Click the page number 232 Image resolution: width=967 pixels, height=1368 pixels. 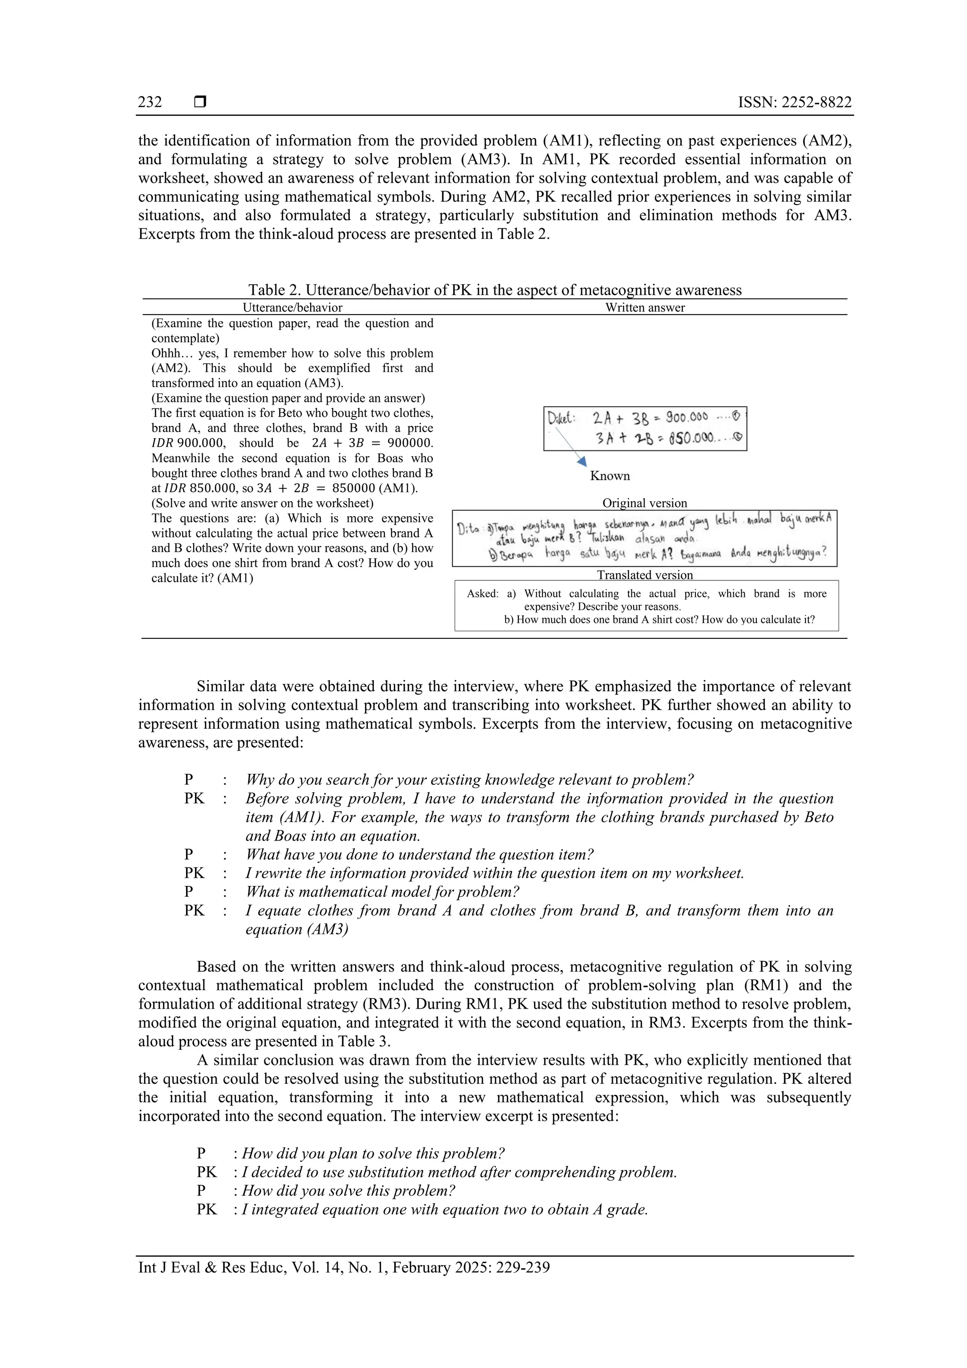pos(150,102)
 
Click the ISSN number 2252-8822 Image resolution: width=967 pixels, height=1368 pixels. pos(795,102)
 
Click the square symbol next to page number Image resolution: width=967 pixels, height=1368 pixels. pos(200,102)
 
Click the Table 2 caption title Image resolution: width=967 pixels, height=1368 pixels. pos(494,290)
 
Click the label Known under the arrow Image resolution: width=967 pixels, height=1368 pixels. pos(610,476)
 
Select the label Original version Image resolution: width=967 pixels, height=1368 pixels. pos(645,503)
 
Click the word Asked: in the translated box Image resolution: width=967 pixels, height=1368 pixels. pos(482,594)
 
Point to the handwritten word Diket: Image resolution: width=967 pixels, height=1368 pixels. pos(560,418)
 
